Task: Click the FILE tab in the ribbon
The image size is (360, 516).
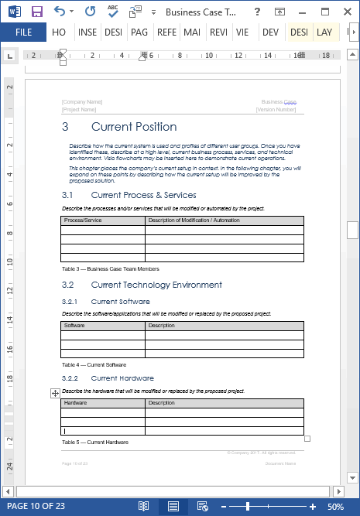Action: click(x=24, y=32)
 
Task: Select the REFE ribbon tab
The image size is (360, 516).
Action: click(x=166, y=32)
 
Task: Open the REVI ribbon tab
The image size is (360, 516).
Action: click(x=218, y=32)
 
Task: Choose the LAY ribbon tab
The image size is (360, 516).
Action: click(x=324, y=32)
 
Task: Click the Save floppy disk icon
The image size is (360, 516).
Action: click(x=36, y=12)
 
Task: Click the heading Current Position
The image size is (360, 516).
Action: click(x=133, y=127)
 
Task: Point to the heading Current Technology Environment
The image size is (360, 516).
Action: click(x=156, y=285)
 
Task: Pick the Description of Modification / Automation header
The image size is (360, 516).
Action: click(x=194, y=220)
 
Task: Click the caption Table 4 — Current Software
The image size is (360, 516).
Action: click(x=94, y=364)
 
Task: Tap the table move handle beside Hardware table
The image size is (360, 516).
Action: click(x=55, y=394)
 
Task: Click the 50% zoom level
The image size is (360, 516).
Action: click(x=336, y=507)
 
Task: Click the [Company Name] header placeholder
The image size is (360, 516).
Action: click(x=82, y=102)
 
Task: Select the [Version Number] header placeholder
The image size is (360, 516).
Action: click(x=276, y=110)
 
